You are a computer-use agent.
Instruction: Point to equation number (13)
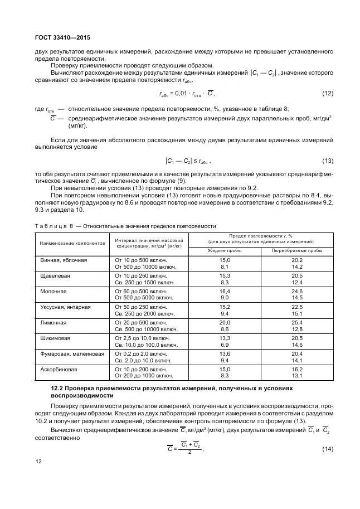[x=328, y=161]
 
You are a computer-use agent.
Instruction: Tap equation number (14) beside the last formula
[x=328, y=449]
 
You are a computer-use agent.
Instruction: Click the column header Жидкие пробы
[x=225, y=250]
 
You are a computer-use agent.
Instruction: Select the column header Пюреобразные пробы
[x=297, y=250]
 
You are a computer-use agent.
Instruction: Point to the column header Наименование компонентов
[x=72, y=244]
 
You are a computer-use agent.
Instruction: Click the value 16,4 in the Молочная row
[x=225, y=292]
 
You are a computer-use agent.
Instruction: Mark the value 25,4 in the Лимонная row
[x=297, y=323]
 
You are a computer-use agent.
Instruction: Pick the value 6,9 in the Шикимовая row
[x=225, y=346]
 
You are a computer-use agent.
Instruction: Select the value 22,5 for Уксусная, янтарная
[x=297, y=307]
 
